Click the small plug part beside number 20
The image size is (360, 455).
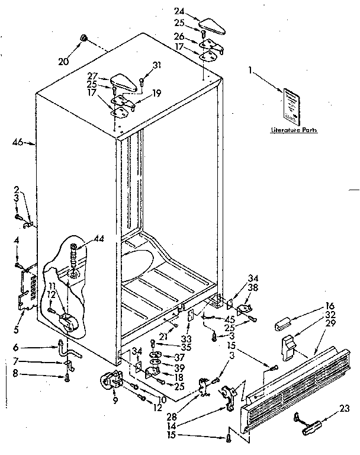[85, 39]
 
